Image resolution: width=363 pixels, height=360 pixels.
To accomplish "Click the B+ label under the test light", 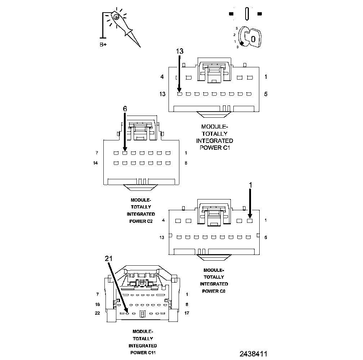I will click(103, 45).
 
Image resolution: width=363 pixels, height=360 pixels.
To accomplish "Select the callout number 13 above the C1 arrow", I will click(180, 51).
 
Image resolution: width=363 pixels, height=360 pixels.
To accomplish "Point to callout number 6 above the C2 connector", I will click(125, 109).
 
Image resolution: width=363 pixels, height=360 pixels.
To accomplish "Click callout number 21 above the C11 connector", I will click(109, 258).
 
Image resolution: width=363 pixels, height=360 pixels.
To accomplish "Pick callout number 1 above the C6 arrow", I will click(251, 184).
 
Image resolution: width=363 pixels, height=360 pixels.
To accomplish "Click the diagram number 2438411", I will click(254, 354).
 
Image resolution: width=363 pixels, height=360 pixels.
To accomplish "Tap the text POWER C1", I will click(215, 147).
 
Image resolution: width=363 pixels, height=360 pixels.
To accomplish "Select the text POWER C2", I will click(141, 221).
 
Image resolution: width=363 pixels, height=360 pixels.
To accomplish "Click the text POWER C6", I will click(214, 291).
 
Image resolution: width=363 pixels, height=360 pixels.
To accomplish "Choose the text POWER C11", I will click(143, 352).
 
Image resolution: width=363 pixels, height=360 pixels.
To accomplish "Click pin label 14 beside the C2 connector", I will click(95, 163).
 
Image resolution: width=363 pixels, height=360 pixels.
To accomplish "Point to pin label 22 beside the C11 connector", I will click(97, 313).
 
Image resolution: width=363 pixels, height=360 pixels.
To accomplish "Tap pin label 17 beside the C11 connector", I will click(187, 313).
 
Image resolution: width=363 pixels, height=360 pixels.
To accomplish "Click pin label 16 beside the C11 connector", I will click(97, 305).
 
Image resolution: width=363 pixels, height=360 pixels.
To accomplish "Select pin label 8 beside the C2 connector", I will click(186, 163).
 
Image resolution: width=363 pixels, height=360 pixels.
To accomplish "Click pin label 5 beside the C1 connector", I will click(266, 94).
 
